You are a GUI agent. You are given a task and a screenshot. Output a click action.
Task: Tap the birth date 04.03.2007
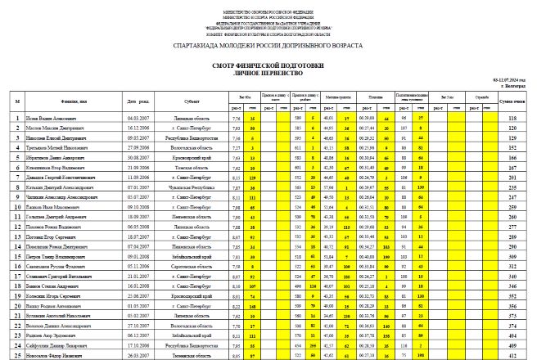137,119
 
